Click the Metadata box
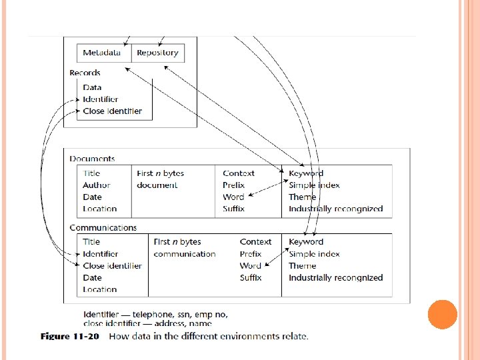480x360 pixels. [102, 52]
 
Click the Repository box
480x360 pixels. [157, 52]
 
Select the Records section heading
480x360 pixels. [85, 73]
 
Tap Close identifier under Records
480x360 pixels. [112, 111]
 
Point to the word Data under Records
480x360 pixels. [92, 87]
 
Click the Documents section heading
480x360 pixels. [92, 159]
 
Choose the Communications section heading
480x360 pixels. [103, 227]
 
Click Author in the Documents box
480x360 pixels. [97, 185]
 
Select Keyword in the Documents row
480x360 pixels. [306, 173]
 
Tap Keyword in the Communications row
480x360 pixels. [306, 242]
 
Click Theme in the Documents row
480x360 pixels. [303, 197]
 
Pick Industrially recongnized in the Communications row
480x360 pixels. [335, 278]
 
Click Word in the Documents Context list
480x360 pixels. [233, 197]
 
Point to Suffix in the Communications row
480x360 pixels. [251, 278]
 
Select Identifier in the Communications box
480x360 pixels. [101, 254]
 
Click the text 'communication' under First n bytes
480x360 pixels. [185, 254]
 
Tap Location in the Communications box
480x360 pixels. [100, 290]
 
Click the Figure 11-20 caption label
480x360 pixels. [69, 336]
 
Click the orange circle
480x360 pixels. [442, 315]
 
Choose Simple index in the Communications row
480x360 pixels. [314, 254]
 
